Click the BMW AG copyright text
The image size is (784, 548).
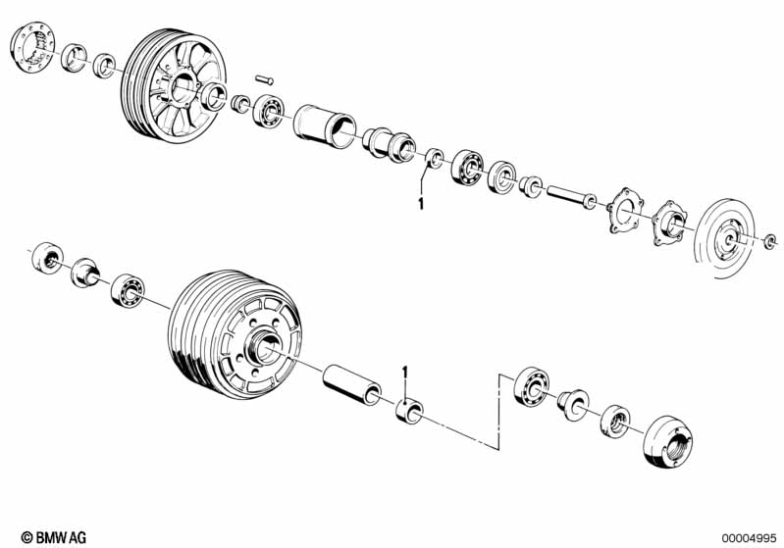[x=54, y=537]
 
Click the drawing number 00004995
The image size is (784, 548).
[x=749, y=538]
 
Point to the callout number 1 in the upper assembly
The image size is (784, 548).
[x=421, y=204]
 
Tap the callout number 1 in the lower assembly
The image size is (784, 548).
[x=405, y=373]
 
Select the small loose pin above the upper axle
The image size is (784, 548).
[x=264, y=79]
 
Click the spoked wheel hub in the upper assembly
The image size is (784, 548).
[x=174, y=86]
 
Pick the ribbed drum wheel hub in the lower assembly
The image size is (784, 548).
[x=235, y=334]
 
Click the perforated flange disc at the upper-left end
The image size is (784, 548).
[x=32, y=46]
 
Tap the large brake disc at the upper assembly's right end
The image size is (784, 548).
[x=724, y=238]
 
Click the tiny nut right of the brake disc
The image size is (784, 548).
[x=770, y=242]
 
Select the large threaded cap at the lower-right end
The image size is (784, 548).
[x=667, y=441]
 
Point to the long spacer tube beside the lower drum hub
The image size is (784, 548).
[x=352, y=384]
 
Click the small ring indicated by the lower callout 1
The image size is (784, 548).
[x=409, y=410]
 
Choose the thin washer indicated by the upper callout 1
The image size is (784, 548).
[x=434, y=158]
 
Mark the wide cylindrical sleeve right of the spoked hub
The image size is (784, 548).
[x=325, y=126]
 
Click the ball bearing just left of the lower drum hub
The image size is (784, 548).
[x=128, y=290]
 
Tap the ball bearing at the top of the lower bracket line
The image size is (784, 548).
[x=532, y=385]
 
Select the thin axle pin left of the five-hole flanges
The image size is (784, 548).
[x=571, y=197]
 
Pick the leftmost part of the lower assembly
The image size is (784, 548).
[x=47, y=258]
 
